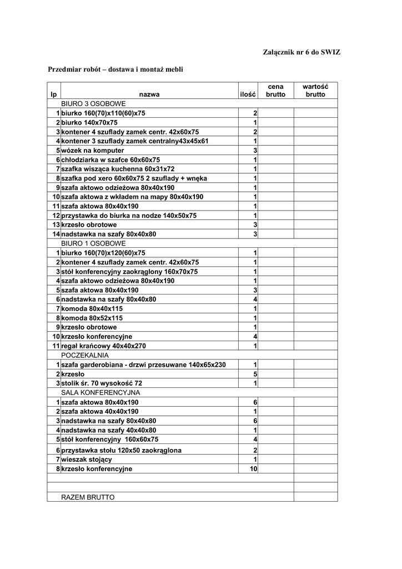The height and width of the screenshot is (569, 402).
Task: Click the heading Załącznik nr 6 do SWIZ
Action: (x=301, y=52)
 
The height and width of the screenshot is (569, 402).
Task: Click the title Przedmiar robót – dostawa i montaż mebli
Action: (x=115, y=69)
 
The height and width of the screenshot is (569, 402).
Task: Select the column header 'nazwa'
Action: (x=149, y=94)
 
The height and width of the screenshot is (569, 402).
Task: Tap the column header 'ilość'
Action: (x=248, y=94)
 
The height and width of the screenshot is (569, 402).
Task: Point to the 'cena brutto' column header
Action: (x=275, y=91)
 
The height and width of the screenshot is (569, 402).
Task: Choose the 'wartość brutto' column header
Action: (x=315, y=91)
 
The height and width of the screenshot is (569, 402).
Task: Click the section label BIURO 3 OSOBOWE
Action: (x=93, y=104)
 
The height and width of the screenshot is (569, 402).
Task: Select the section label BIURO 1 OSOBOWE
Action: (x=93, y=243)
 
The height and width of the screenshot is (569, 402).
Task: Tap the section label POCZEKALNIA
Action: (x=85, y=355)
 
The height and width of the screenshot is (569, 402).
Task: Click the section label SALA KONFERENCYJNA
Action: (x=100, y=392)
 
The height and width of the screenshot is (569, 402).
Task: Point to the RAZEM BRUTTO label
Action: (x=88, y=497)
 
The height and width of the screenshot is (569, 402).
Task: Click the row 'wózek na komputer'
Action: (x=93, y=151)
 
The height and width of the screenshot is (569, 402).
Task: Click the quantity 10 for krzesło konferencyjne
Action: (x=253, y=469)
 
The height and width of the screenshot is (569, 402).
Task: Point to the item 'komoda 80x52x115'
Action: (x=92, y=318)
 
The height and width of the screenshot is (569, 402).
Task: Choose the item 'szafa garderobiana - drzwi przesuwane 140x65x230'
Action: (x=144, y=365)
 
